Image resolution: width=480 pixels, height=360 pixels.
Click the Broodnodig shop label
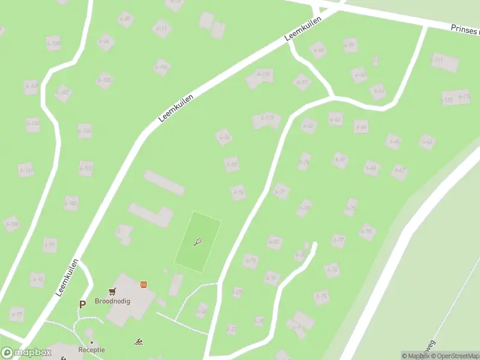point(112,302)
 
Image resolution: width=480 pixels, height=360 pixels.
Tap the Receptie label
point(91,349)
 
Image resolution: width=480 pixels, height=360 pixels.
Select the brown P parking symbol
point(82,304)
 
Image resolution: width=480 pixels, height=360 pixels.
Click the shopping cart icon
point(112,292)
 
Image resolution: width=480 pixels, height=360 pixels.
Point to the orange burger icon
point(143,284)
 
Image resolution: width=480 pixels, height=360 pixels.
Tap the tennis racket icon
point(197,242)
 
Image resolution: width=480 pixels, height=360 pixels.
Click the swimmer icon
point(139,342)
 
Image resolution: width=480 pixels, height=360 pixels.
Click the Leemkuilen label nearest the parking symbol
point(68,277)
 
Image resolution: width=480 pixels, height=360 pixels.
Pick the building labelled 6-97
point(16,314)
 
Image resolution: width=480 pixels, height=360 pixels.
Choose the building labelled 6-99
point(50,244)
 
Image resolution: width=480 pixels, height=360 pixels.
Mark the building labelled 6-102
point(71,203)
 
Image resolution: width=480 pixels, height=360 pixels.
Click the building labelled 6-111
point(445,61)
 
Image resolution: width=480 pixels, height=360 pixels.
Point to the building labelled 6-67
point(400,172)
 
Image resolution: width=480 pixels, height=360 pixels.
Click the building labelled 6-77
point(339,241)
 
